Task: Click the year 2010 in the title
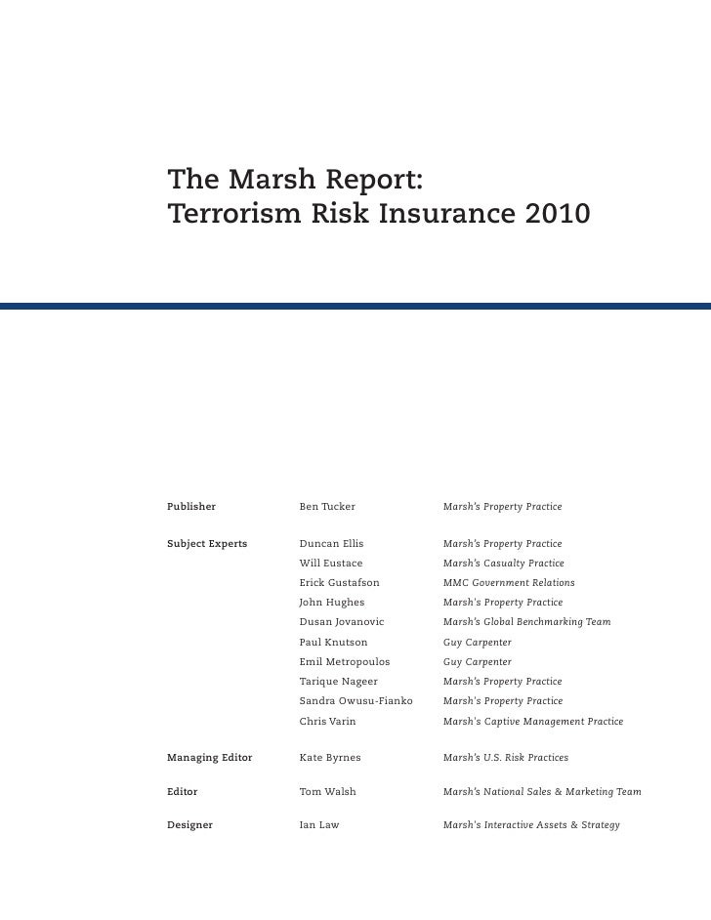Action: pyautogui.click(x=556, y=213)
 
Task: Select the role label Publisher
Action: pyautogui.click(x=191, y=507)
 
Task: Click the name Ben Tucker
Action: pyautogui.click(x=327, y=507)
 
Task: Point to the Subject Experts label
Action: pyautogui.click(x=207, y=543)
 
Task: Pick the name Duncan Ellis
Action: pyautogui.click(x=331, y=543)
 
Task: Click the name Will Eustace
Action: pyautogui.click(x=331, y=564)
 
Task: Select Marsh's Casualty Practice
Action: pyautogui.click(x=503, y=564)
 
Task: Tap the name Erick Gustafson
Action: pyautogui.click(x=339, y=583)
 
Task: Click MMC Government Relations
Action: pyautogui.click(x=509, y=583)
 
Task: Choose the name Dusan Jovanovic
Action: pyautogui.click(x=342, y=622)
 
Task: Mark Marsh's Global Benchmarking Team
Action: pyautogui.click(x=526, y=622)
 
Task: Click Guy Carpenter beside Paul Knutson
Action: pyautogui.click(x=477, y=643)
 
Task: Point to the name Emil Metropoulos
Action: pyautogui.click(x=345, y=662)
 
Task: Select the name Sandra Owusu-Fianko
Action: pyautogui.click(x=355, y=701)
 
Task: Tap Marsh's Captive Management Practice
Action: pyautogui.click(x=532, y=722)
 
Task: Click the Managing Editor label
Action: pyautogui.click(x=210, y=757)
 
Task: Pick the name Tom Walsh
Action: pyautogui.click(x=327, y=792)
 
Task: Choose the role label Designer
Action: pyautogui.click(x=189, y=825)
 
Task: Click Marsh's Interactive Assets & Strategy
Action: pyautogui.click(x=531, y=825)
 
